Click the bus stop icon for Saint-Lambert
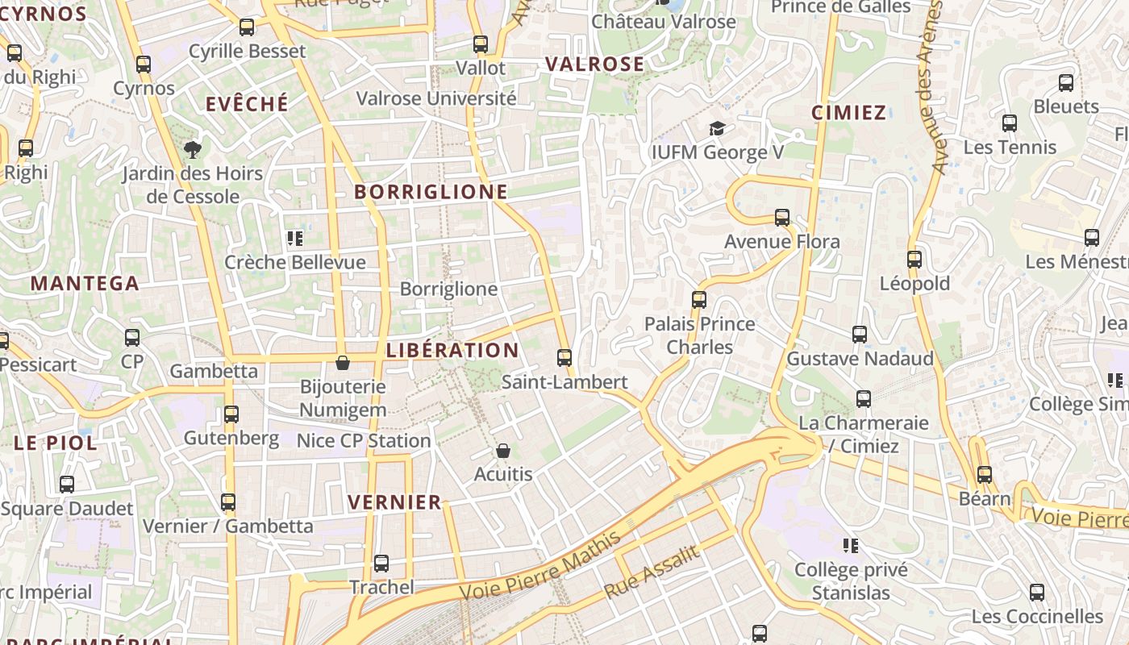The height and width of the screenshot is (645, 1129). click(564, 357)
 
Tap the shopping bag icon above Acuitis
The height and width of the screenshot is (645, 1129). click(503, 450)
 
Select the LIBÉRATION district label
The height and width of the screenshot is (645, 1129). click(452, 351)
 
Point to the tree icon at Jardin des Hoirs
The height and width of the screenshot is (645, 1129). click(192, 148)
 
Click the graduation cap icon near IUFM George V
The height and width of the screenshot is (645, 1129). click(716, 128)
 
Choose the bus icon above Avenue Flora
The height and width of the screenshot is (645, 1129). click(781, 217)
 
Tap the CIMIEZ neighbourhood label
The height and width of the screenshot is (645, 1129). click(848, 113)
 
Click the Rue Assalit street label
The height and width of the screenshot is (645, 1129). click(651, 571)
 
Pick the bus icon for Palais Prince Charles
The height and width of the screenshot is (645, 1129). click(699, 300)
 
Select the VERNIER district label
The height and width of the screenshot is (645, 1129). click(395, 502)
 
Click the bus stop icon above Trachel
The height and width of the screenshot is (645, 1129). click(381, 563)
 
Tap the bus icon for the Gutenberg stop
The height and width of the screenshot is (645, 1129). click(231, 414)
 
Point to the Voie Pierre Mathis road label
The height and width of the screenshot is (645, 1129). click(540, 566)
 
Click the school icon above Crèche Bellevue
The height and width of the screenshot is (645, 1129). click(295, 239)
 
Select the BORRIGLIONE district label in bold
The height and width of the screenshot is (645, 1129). click(431, 192)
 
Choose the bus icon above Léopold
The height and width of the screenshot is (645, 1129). click(914, 260)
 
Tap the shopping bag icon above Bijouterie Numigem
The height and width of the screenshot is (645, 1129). click(343, 363)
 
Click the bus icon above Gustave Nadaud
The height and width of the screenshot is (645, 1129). click(860, 335)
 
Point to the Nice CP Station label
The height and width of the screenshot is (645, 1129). click(364, 441)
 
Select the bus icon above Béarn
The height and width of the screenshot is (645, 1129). click(984, 475)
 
